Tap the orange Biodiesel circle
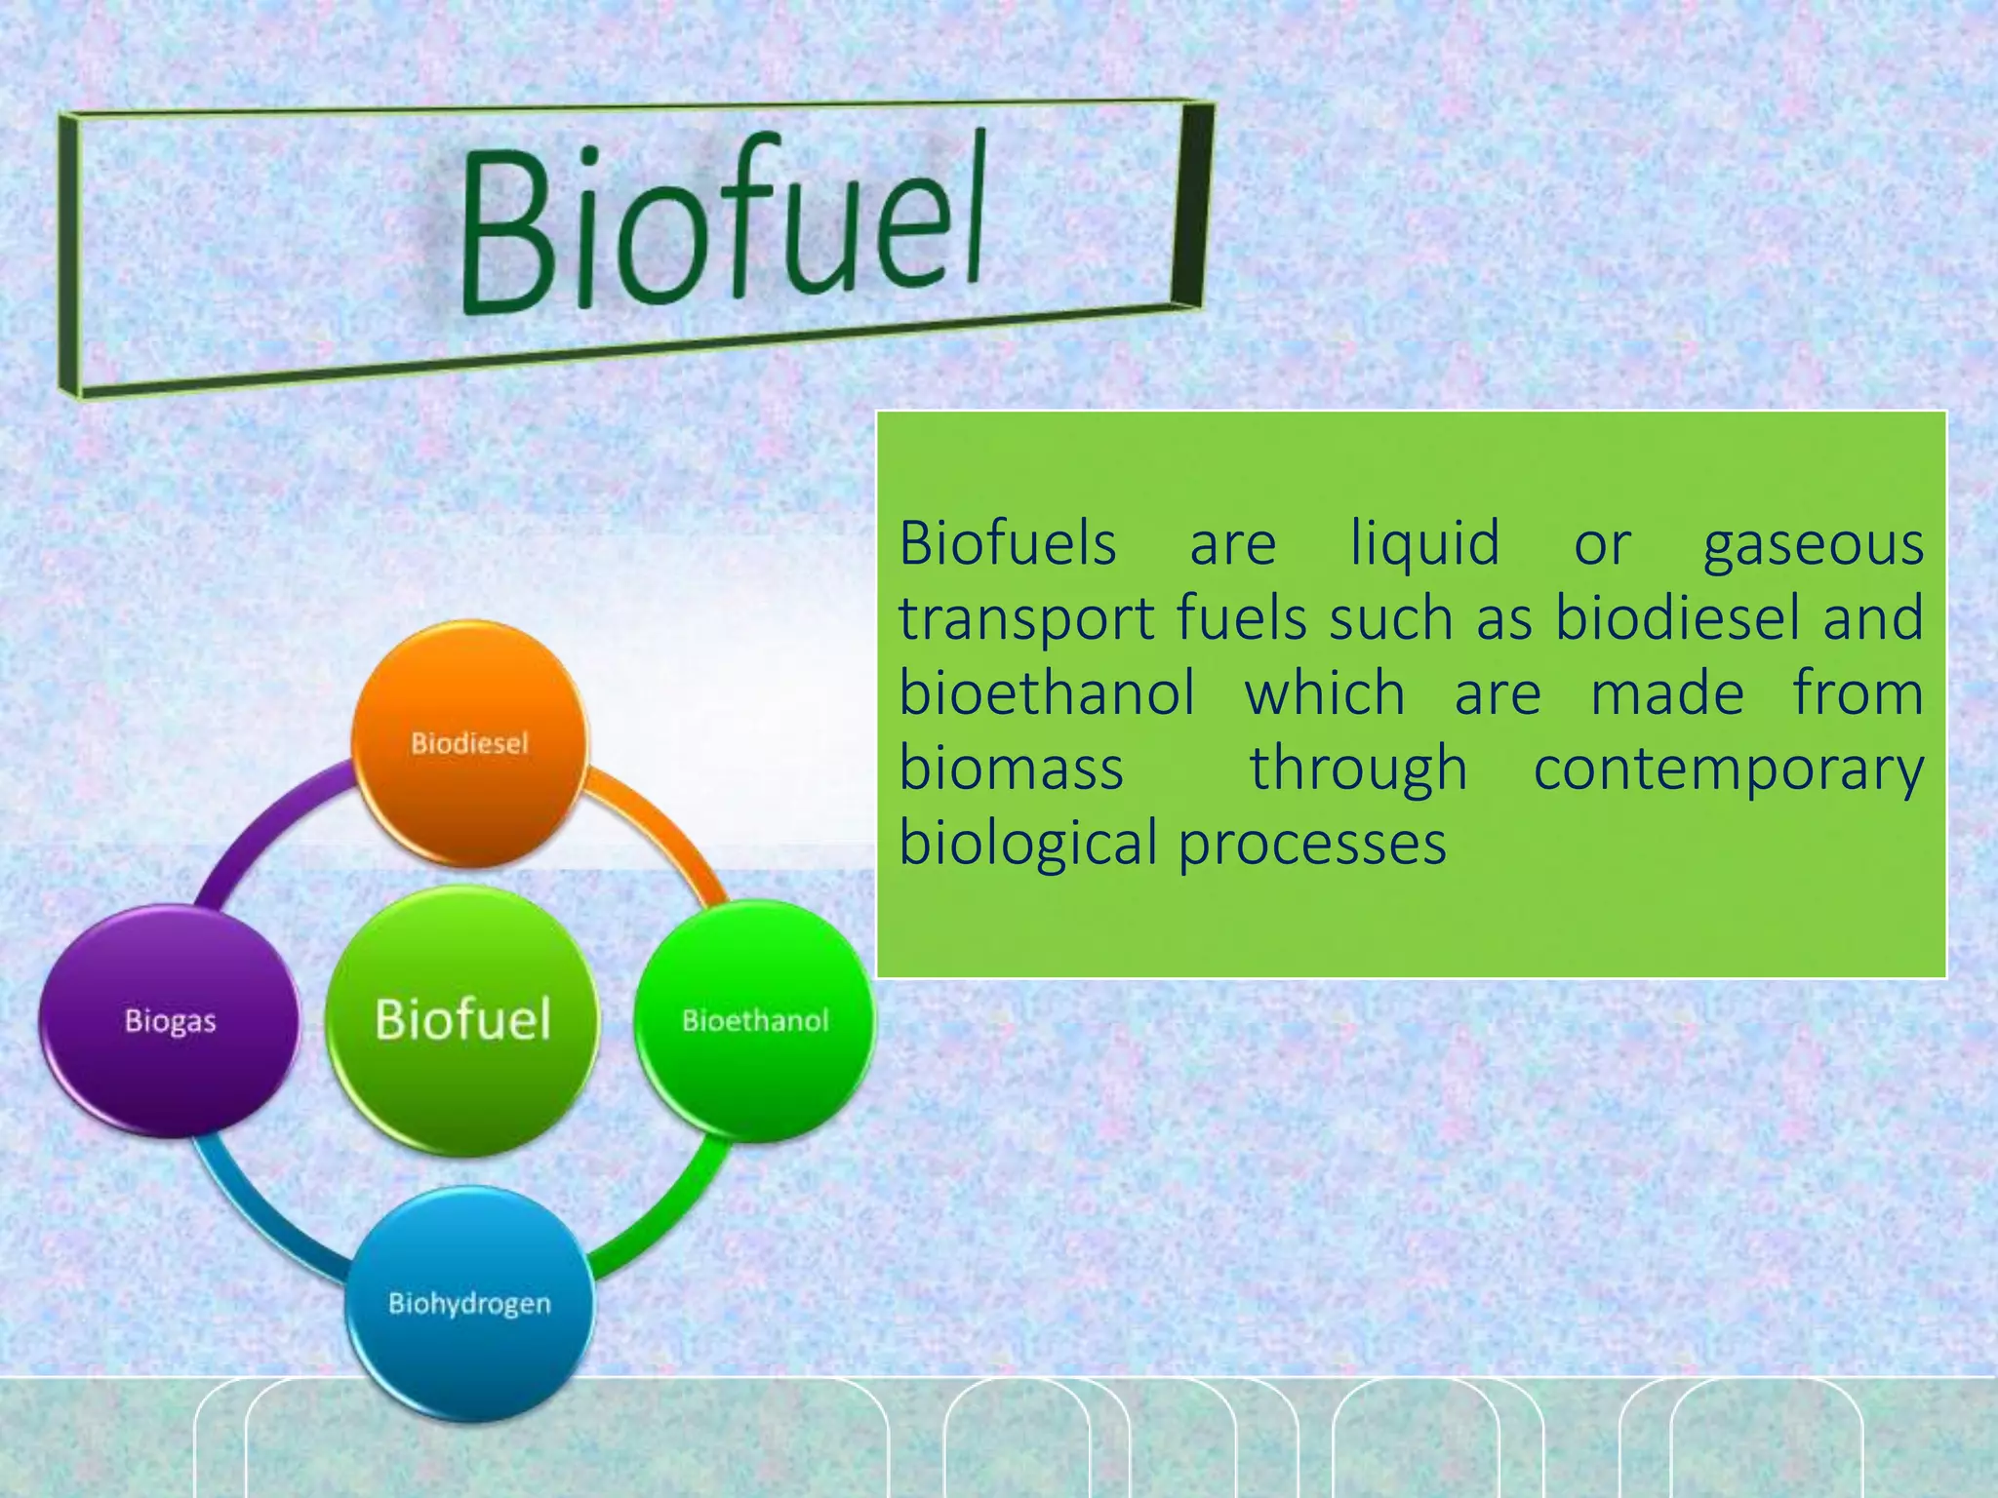[469, 744]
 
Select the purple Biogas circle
[170, 1021]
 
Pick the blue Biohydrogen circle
[469, 1304]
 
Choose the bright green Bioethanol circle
[755, 1021]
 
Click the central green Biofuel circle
[462, 1020]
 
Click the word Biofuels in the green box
[1007, 543]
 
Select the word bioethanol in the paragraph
[1046, 693]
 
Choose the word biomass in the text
[1011, 769]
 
